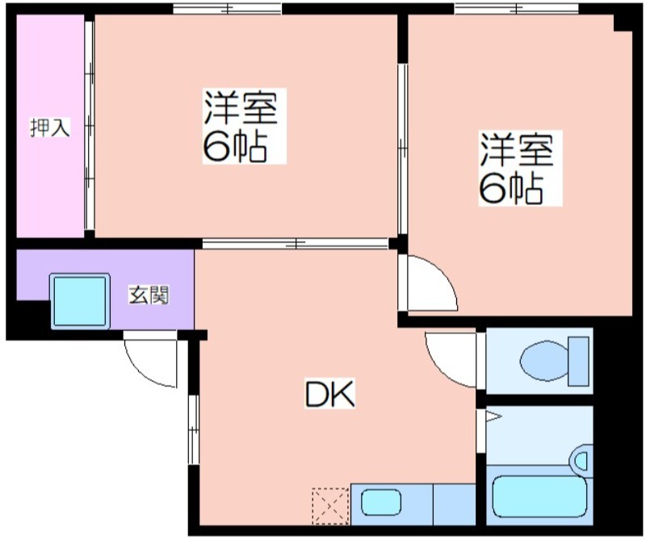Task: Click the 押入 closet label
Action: click(x=50, y=128)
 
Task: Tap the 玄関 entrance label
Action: click(x=149, y=295)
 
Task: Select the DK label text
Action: click(x=329, y=394)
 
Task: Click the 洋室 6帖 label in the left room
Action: click(x=244, y=126)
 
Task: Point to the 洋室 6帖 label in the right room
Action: click(x=520, y=168)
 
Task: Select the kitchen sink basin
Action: click(x=381, y=503)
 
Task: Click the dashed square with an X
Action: click(x=330, y=506)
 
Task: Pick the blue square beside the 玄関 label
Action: click(x=80, y=301)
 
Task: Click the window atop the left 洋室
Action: click(x=227, y=8)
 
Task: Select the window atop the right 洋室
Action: click(x=516, y=8)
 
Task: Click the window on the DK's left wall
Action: click(x=194, y=429)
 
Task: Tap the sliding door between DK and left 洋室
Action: click(x=296, y=244)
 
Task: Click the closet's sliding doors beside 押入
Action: click(x=90, y=126)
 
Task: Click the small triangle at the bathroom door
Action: click(x=493, y=417)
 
